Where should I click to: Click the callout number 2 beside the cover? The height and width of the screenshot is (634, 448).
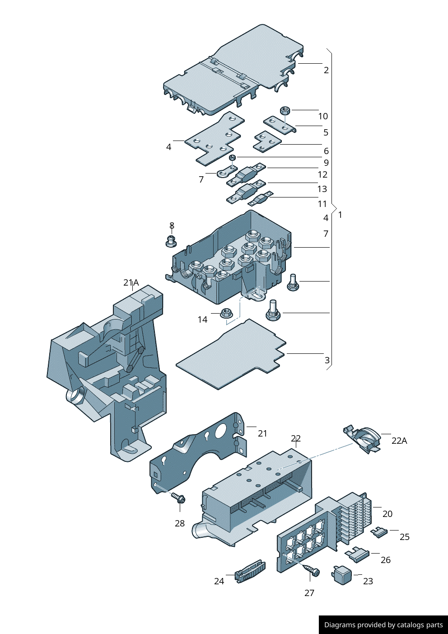(326, 70)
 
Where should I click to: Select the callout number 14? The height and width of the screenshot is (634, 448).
(202, 319)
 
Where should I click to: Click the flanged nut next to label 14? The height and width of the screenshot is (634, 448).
(226, 313)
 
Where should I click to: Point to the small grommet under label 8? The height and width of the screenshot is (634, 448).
(171, 241)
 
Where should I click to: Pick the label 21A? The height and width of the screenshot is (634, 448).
(131, 282)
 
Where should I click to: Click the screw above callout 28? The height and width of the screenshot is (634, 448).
(179, 498)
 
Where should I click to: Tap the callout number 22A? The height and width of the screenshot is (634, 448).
(399, 441)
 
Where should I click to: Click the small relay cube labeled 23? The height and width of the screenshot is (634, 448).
(343, 575)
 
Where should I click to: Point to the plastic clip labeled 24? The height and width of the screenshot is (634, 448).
(250, 572)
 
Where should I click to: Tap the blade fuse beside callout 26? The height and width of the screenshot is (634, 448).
(358, 554)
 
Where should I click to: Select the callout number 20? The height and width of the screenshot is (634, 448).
(387, 514)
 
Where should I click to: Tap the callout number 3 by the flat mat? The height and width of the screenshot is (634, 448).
(327, 360)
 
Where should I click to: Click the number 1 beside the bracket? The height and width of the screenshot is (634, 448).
(340, 215)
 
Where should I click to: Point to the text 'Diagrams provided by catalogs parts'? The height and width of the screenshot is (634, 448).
(383, 625)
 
